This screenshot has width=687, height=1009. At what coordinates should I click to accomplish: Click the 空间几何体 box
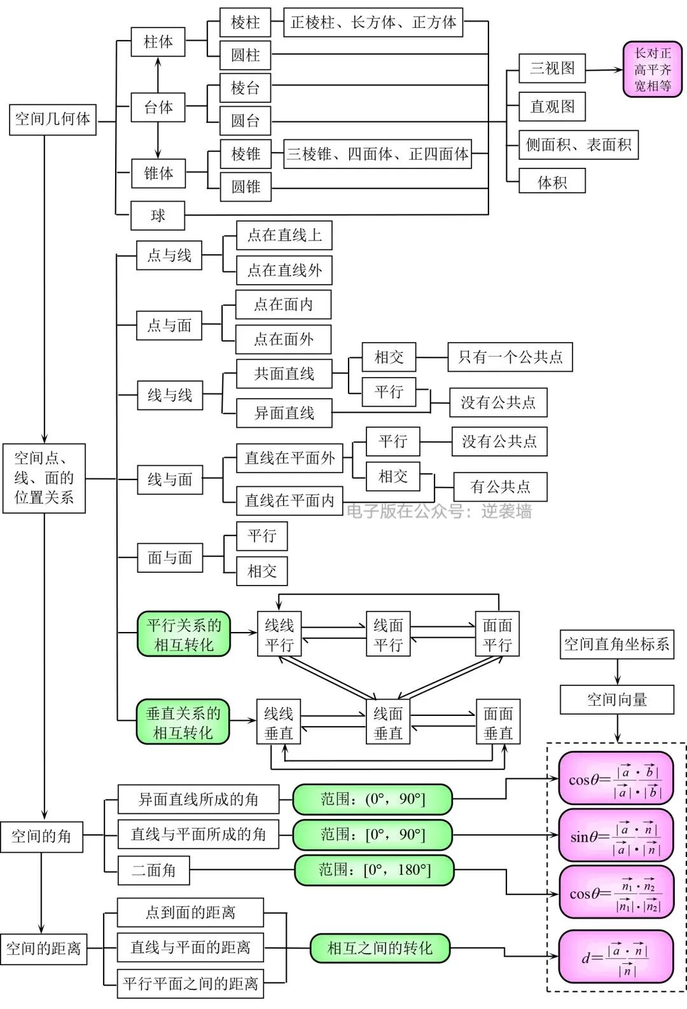tap(52, 120)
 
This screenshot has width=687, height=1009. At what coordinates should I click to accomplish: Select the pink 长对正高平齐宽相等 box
tap(652, 70)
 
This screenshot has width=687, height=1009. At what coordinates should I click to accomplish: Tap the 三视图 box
tap(552, 69)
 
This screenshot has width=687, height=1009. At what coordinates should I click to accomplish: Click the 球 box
tap(158, 216)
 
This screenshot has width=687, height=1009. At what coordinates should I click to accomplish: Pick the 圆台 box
tap(245, 121)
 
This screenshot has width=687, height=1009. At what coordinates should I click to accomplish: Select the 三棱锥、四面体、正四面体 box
tap(377, 154)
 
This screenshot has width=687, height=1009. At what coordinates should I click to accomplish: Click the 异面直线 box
tap(284, 413)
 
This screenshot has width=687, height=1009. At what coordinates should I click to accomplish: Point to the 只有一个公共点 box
tap(510, 357)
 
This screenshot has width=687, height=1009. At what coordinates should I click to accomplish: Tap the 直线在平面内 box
tap(289, 500)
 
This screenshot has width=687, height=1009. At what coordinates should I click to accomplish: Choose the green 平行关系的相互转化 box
tap(183, 635)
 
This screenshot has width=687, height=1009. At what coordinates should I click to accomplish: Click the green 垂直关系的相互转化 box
tap(183, 722)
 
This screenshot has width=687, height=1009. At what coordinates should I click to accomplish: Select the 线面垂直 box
tap(388, 723)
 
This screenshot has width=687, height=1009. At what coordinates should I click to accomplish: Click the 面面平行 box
tap(497, 635)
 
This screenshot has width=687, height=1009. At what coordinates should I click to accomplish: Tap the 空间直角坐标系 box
tap(616, 645)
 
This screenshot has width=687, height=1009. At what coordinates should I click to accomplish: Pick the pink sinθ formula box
tap(615, 835)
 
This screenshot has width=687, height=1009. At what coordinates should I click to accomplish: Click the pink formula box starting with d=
tap(615, 956)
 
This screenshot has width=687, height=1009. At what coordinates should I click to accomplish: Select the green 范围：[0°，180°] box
tap(374, 870)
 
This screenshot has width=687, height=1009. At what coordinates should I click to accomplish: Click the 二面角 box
tap(153, 870)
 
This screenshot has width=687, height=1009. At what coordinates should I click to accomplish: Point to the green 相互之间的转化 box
tap(380, 949)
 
